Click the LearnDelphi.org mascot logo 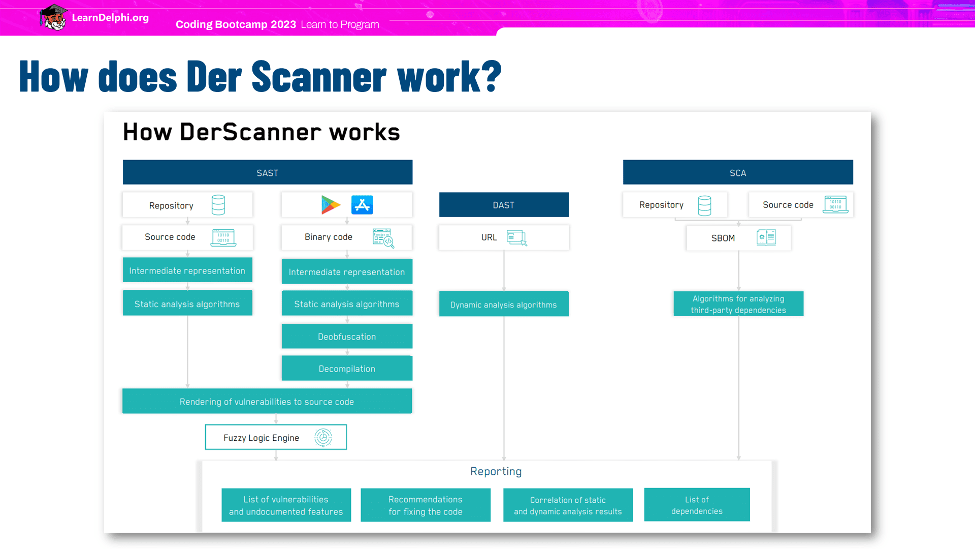click(53, 17)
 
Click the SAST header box click(268, 172)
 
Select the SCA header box click(738, 172)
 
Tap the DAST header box click(504, 205)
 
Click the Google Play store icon click(331, 205)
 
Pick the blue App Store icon click(362, 205)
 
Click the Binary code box click(347, 237)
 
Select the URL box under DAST click(504, 237)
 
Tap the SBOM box click(738, 238)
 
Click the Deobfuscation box click(347, 337)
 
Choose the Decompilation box click(347, 369)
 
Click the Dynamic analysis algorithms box click(504, 304)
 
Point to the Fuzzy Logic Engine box click(276, 437)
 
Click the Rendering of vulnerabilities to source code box click(267, 402)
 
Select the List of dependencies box click(697, 505)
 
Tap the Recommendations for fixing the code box click(426, 505)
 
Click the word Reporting click(496, 472)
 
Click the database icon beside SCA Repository click(704, 205)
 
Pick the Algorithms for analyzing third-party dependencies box click(738, 304)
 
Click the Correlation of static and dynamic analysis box click(568, 505)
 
